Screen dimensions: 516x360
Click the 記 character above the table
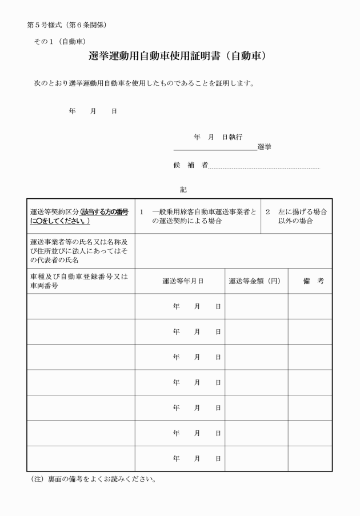click(x=183, y=189)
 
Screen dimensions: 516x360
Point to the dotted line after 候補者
click(x=264, y=168)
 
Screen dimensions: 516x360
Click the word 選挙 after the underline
click(x=264, y=147)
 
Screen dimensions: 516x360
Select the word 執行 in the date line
click(x=235, y=137)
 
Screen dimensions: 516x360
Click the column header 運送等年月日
click(x=183, y=281)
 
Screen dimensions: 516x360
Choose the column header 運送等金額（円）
click(x=254, y=281)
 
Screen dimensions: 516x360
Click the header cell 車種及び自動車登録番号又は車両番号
click(x=79, y=281)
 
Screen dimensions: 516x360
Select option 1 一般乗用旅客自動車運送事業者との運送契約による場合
click(x=197, y=216)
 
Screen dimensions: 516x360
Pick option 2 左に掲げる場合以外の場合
click(x=296, y=216)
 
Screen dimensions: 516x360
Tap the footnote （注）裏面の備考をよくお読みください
click(x=91, y=479)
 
